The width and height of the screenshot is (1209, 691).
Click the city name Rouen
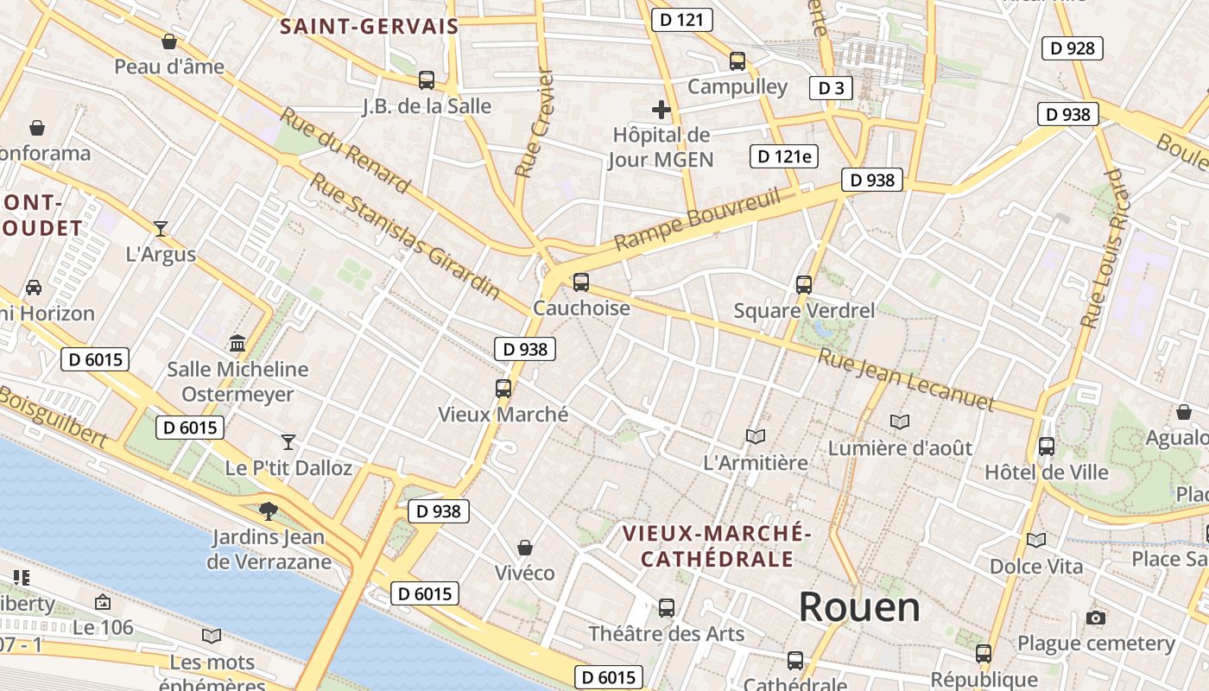click(858, 607)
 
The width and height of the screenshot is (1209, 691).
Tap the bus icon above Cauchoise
click(581, 282)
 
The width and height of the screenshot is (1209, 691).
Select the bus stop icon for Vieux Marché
click(503, 388)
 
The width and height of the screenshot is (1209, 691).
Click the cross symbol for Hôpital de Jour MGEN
click(661, 110)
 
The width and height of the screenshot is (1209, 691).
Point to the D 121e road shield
click(783, 156)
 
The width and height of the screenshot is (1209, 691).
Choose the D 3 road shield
click(831, 87)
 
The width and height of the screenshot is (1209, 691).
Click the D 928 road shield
click(1073, 48)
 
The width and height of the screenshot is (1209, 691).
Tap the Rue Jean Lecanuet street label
click(906, 380)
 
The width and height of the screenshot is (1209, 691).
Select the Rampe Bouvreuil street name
click(697, 220)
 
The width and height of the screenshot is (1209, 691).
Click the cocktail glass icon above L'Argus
click(161, 228)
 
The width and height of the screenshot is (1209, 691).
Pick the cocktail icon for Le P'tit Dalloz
click(288, 441)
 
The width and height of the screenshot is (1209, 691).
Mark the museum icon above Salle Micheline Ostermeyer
click(237, 344)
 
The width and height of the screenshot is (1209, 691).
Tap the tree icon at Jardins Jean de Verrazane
click(269, 510)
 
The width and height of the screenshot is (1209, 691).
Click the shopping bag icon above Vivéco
click(524, 547)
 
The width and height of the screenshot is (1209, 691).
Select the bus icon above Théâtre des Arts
click(666, 607)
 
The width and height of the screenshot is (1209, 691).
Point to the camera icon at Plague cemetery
click(1096, 618)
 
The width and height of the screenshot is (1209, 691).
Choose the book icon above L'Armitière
click(756, 436)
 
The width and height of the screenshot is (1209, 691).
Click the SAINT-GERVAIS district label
click(369, 26)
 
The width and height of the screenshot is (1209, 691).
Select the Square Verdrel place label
click(804, 310)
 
